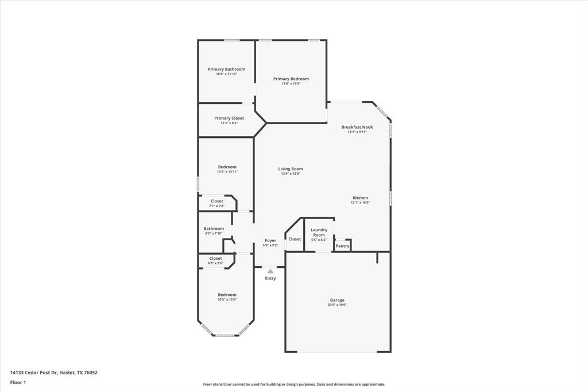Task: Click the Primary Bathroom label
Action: tap(226, 69)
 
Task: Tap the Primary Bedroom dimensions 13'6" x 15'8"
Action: tap(291, 84)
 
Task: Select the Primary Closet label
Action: tap(229, 118)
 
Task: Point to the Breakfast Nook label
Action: tap(357, 127)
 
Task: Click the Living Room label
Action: tap(291, 169)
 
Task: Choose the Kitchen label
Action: tap(360, 198)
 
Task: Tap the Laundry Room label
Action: tap(319, 232)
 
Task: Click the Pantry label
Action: tap(342, 246)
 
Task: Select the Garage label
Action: tap(337, 300)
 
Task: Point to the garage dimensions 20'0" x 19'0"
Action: tap(337, 305)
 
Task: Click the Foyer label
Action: tap(270, 240)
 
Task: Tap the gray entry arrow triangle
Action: tap(270, 271)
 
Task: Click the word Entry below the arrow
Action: tap(270, 278)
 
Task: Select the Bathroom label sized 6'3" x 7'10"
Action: tap(214, 228)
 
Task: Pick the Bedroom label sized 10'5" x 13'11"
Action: tap(227, 167)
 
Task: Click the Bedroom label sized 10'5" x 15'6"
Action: tap(227, 295)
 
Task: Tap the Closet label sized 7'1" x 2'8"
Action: tap(216, 201)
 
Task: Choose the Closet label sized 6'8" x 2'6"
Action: tap(215, 259)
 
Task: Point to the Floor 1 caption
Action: tap(18, 382)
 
